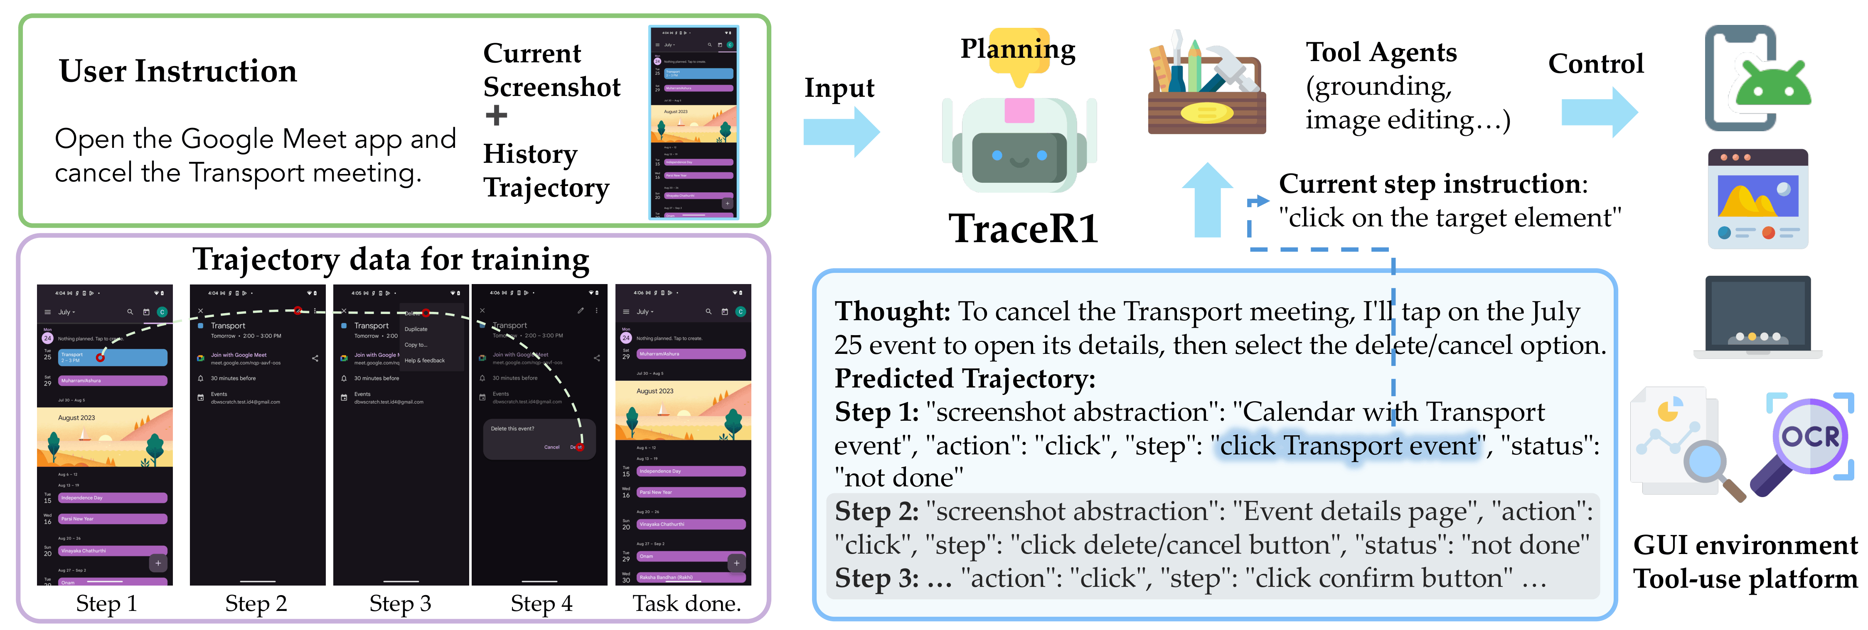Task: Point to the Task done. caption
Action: (686, 603)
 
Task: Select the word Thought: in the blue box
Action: (892, 312)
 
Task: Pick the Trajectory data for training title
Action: (391, 259)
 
